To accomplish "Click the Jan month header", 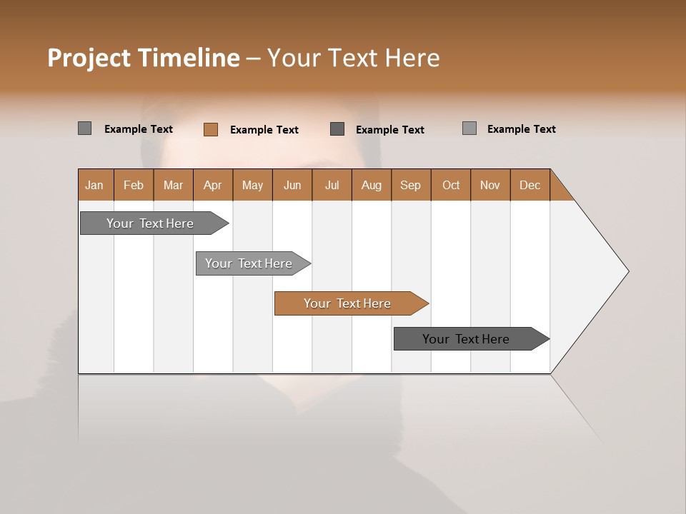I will (94, 185).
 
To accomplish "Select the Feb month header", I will (134, 185).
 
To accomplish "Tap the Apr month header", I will (212, 185).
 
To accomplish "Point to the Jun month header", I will (292, 185).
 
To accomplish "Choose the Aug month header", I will (371, 185).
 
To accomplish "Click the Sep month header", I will (410, 185).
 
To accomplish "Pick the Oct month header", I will (451, 185).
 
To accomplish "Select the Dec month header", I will (530, 185).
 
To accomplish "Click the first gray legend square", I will (84, 128).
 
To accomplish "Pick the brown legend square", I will (210, 129).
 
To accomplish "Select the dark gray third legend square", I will (337, 128).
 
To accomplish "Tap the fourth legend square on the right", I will (469, 128).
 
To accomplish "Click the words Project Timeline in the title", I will (143, 58).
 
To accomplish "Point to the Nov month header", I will (489, 185).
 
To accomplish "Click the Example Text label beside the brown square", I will (264, 130).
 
